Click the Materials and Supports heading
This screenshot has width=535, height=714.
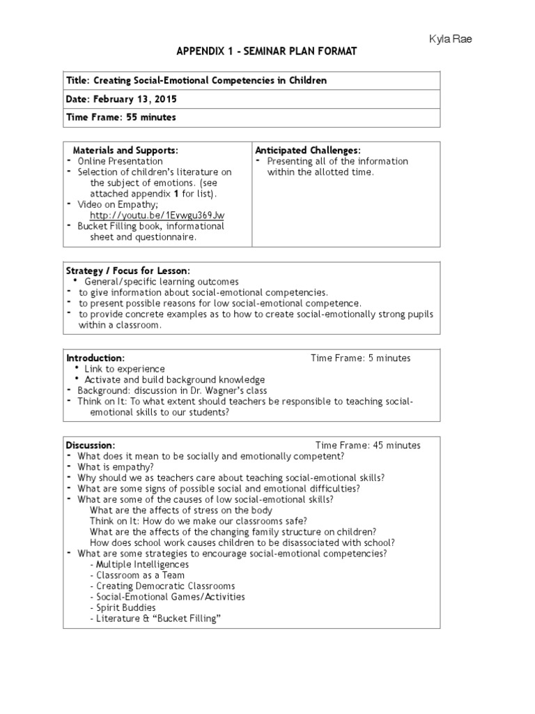125,150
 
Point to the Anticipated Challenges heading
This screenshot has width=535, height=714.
307,150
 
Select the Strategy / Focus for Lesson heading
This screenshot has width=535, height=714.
127,271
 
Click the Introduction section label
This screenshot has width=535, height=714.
95,358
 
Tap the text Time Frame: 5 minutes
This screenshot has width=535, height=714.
360,358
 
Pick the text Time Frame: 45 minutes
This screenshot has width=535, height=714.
368,445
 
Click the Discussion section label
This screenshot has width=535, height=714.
91,445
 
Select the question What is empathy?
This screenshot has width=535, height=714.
116,466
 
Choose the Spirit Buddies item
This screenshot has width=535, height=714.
125,607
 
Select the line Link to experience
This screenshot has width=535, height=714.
125,369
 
